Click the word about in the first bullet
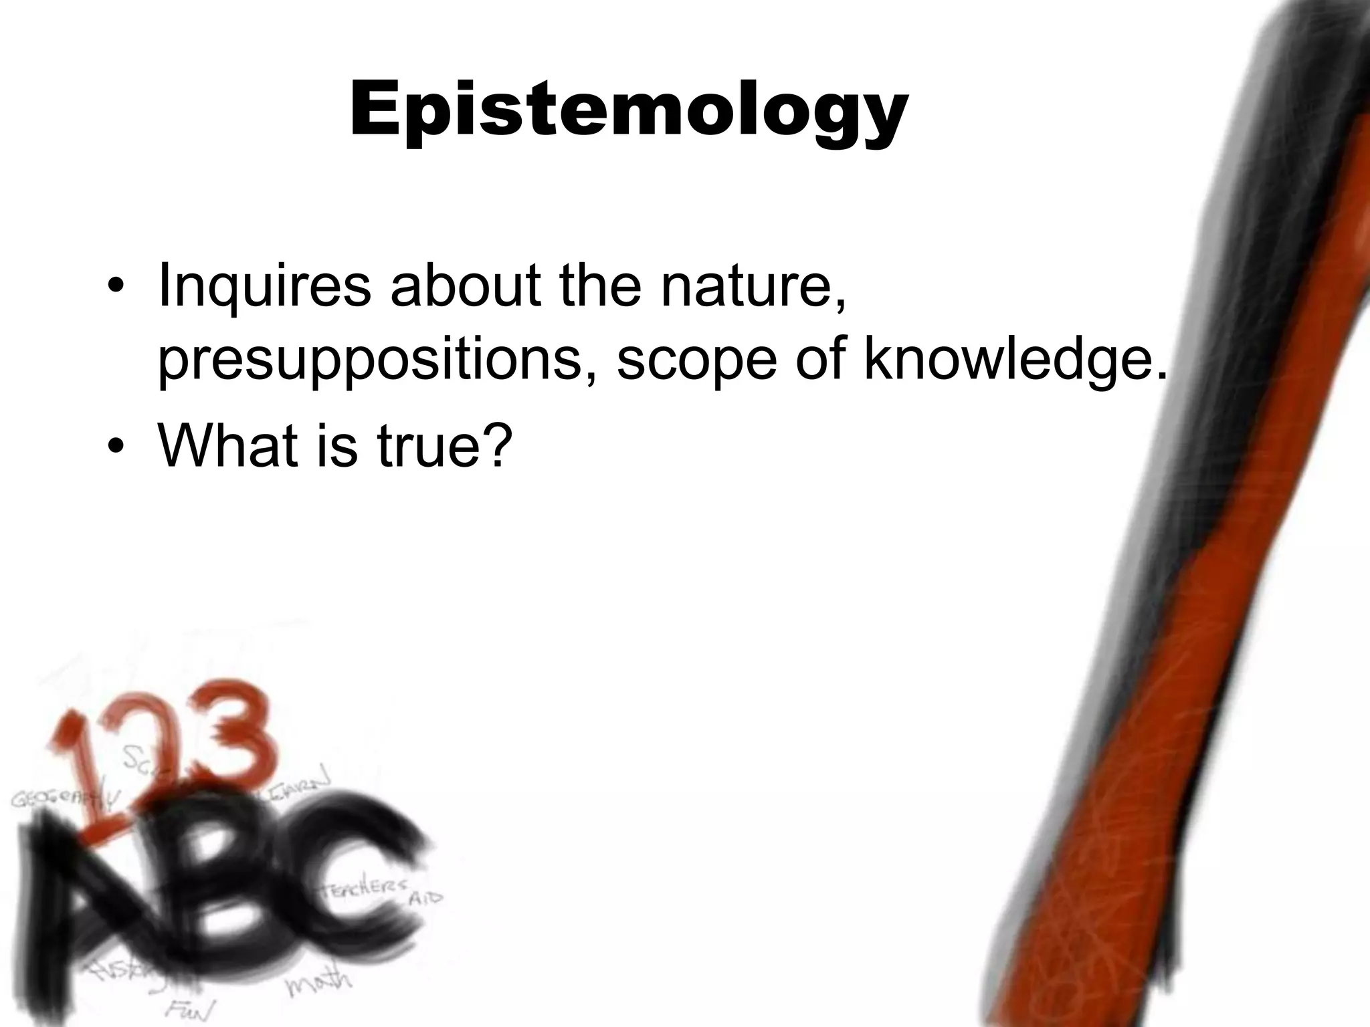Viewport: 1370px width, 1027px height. pyautogui.click(x=464, y=286)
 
